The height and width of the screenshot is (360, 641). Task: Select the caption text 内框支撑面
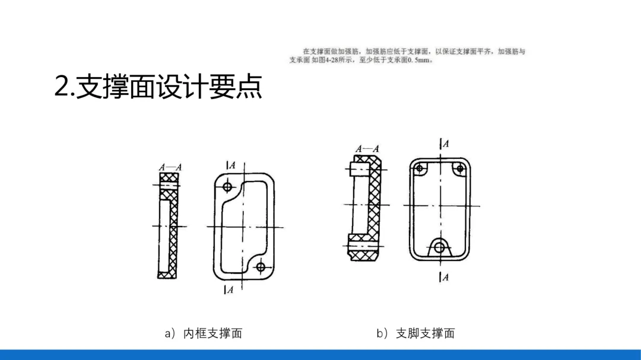click(x=213, y=333)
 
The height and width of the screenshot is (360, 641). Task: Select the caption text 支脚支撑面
click(x=426, y=333)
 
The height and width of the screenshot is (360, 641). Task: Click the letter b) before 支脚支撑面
click(x=382, y=333)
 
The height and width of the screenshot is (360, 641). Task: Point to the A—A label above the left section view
click(x=170, y=168)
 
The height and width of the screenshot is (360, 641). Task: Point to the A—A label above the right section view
click(x=367, y=149)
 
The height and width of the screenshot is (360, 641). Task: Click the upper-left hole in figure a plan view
click(x=228, y=187)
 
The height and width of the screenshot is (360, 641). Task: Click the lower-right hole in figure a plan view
click(x=260, y=267)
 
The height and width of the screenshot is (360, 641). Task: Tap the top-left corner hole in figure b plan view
click(x=420, y=168)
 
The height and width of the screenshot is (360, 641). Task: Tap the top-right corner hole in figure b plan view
click(x=459, y=168)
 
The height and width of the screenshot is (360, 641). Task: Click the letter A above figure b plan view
click(x=445, y=144)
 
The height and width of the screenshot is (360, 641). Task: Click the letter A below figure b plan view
click(x=445, y=277)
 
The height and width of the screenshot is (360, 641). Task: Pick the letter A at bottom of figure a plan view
click(x=230, y=290)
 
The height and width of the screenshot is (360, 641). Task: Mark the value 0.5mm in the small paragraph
click(x=420, y=60)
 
